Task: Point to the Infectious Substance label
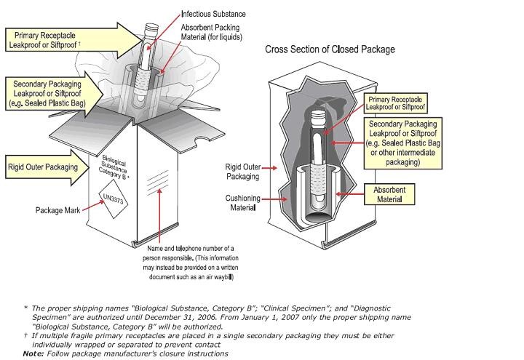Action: [x=213, y=13]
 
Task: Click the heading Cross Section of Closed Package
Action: [x=330, y=49]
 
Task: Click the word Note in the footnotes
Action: [x=33, y=353]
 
